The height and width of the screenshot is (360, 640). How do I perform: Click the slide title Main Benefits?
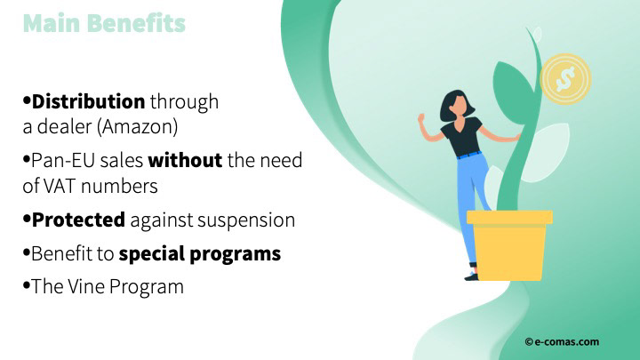click(104, 23)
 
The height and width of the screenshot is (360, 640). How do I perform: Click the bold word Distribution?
click(88, 101)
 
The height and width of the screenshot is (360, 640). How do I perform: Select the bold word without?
click(185, 160)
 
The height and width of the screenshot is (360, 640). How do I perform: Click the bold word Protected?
click(78, 220)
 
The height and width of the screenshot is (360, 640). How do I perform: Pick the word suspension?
click(246, 220)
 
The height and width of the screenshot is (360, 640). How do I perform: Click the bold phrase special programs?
click(200, 254)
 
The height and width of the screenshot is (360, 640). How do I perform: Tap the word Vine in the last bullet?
click(86, 286)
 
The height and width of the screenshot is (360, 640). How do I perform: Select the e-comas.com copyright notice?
click(562, 342)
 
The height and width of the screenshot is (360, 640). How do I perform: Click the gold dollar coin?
click(565, 79)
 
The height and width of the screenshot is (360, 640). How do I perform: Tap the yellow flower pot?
click(509, 245)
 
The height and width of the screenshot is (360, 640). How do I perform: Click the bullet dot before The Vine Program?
click(27, 285)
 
